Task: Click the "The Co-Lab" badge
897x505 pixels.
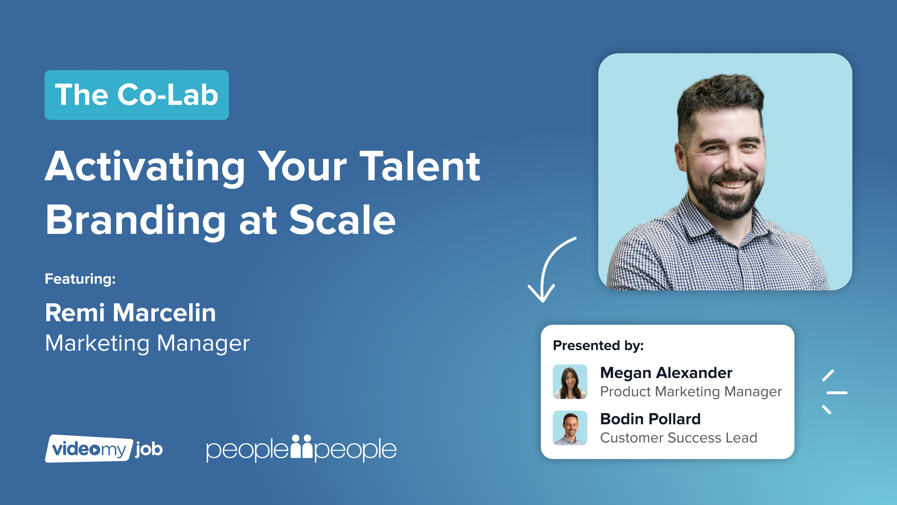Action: point(137,95)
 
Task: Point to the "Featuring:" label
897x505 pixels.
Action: point(80,279)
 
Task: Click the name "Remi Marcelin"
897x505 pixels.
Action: point(130,312)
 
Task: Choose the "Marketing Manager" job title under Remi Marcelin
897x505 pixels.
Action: point(148,343)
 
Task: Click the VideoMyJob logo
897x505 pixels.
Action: point(104,449)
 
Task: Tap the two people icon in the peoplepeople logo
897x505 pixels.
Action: point(301,446)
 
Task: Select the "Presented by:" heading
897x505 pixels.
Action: point(598,345)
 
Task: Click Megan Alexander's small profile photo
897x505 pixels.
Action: point(570,382)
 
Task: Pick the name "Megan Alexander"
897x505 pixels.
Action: point(666,372)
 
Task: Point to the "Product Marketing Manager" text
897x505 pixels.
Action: point(691,391)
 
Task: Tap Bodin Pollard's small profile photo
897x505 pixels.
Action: point(570,428)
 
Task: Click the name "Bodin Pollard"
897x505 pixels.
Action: point(650,419)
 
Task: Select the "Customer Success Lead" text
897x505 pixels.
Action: point(679,438)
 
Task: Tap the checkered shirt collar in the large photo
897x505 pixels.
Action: point(725,224)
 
